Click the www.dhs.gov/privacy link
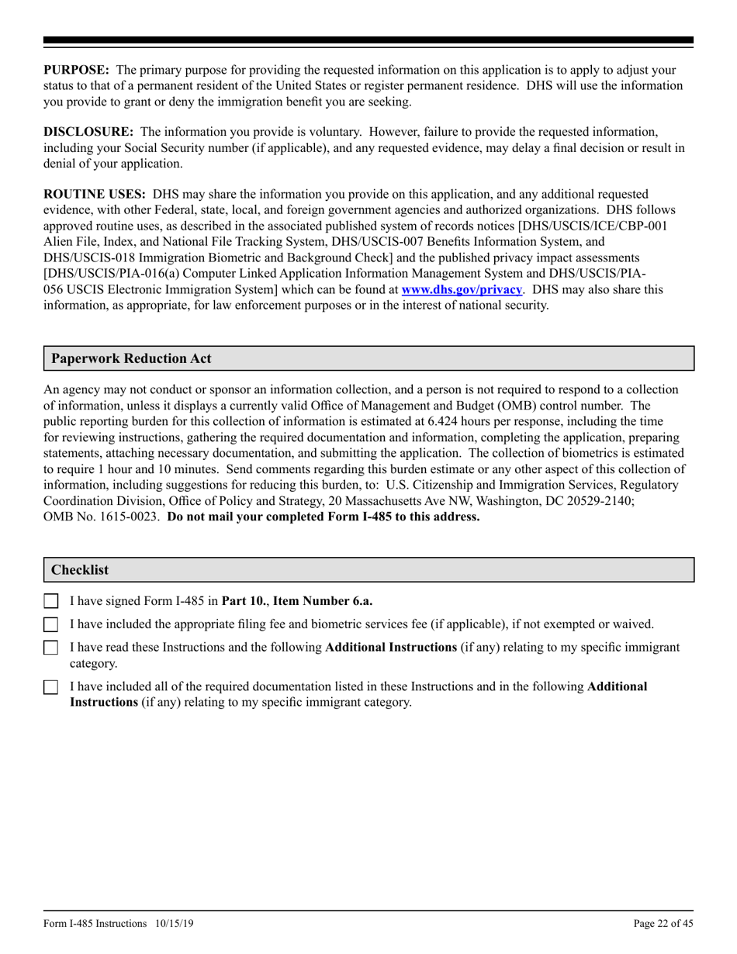tap(461, 290)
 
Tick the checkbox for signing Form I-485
tap(51, 601)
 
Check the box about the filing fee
tap(51, 624)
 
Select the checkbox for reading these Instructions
tap(51, 648)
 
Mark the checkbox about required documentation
tap(51, 688)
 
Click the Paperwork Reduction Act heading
tap(130, 358)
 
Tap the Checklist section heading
tap(80, 570)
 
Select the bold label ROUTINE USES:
tap(94, 194)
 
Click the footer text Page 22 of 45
tap(663, 923)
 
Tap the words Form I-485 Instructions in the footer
tap(95, 923)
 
